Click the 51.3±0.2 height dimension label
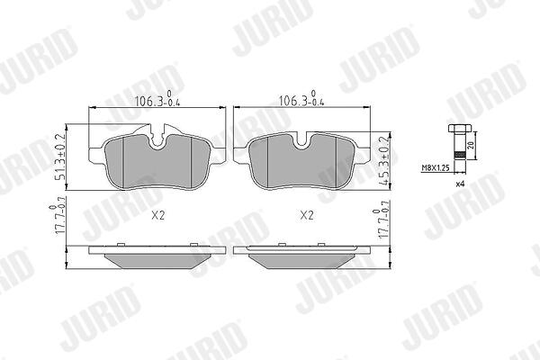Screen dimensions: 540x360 coord(60,157)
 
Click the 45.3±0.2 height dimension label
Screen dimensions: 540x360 coord(384,161)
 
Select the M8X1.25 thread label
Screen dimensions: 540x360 coord(436,168)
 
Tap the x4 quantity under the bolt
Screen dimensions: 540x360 coord(460,184)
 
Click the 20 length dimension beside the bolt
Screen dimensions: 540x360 coord(471,145)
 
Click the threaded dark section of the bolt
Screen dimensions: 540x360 coord(458,155)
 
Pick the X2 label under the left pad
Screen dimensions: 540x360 coord(158,216)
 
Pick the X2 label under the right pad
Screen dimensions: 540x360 coord(307,216)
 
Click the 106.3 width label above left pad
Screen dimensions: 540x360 coord(157,100)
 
